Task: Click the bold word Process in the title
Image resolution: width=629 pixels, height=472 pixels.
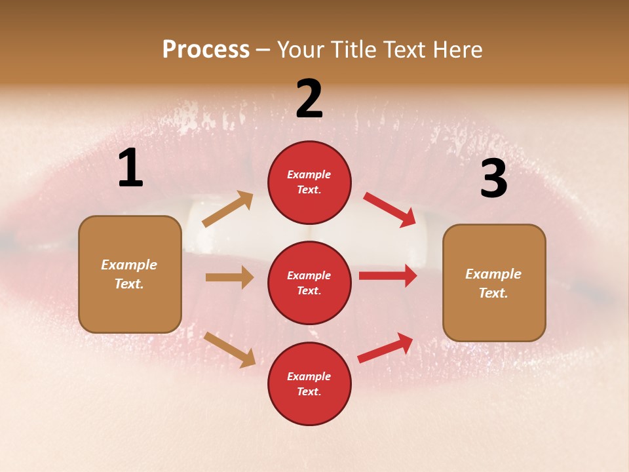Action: pos(206,49)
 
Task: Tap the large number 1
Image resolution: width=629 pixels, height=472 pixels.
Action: pos(130,168)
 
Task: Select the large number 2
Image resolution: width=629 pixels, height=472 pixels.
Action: pos(309,99)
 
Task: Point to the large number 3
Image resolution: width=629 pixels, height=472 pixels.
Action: pos(493,179)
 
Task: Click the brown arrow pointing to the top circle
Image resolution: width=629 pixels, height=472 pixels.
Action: pos(228,209)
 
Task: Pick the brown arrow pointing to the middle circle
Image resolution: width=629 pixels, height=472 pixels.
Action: pos(229,277)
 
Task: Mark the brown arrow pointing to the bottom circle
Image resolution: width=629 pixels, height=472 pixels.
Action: pos(229,349)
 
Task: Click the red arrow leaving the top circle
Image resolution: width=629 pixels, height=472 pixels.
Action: pos(390,209)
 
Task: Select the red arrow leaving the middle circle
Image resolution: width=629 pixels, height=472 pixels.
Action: pos(388,276)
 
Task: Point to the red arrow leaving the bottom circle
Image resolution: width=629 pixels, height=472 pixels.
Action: pos(386,347)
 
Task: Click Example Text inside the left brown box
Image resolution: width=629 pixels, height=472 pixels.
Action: pos(129,274)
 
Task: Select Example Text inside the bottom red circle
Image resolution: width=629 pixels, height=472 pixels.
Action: pos(309,383)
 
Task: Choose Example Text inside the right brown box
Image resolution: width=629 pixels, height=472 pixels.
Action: pos(493,283)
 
